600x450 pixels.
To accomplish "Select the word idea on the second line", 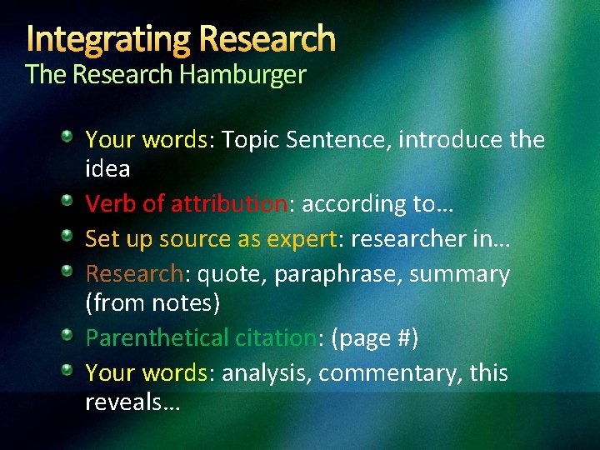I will tap(107, 169).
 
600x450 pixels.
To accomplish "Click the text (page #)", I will tap(374, 338).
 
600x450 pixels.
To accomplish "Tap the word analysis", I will tap(263, 373).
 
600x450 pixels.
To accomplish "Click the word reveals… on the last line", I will tap(134, 402).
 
